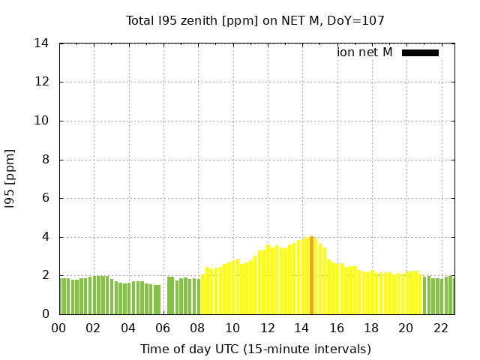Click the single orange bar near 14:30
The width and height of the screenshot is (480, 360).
coord(311,275)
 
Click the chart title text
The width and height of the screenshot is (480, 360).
coord(255,20)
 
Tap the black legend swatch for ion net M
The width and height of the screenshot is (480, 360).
coord(420,52)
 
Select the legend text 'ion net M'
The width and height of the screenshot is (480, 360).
coord(364,52)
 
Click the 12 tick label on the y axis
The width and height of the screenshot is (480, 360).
coord(42,82)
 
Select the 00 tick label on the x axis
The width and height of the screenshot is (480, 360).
coord(59,328)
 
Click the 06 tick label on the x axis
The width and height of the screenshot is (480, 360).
coord(163,328)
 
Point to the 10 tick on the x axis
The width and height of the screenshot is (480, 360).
coord(232,328)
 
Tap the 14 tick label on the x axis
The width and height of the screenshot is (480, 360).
coord(302,328)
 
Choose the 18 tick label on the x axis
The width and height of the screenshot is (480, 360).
coord(371,328)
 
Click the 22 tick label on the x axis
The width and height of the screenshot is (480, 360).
coord(441,328)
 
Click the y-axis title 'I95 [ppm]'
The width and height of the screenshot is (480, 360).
coord(10,179)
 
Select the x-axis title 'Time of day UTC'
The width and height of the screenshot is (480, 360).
coord(255,349)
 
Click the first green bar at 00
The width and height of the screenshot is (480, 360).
coord(62,296)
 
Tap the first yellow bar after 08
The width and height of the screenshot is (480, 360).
coord(202,294)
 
